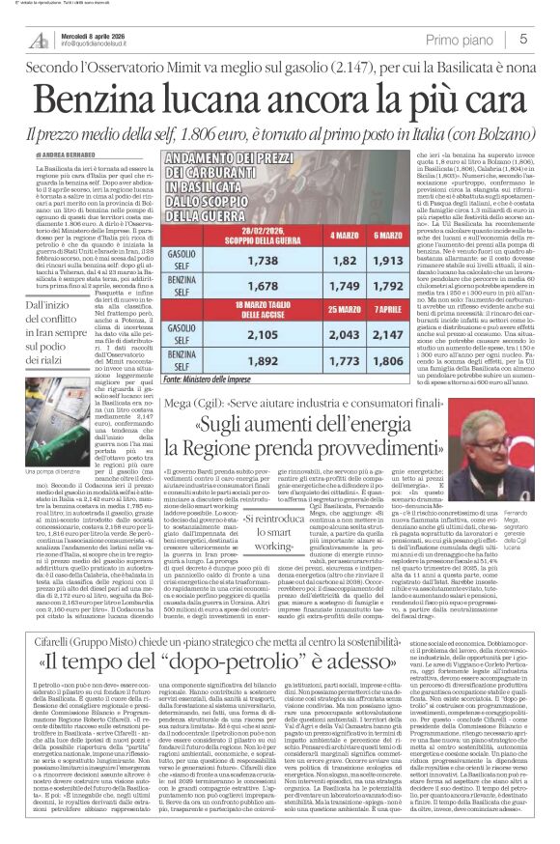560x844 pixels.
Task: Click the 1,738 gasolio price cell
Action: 290,234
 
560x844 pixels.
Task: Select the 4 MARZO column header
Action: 333,208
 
